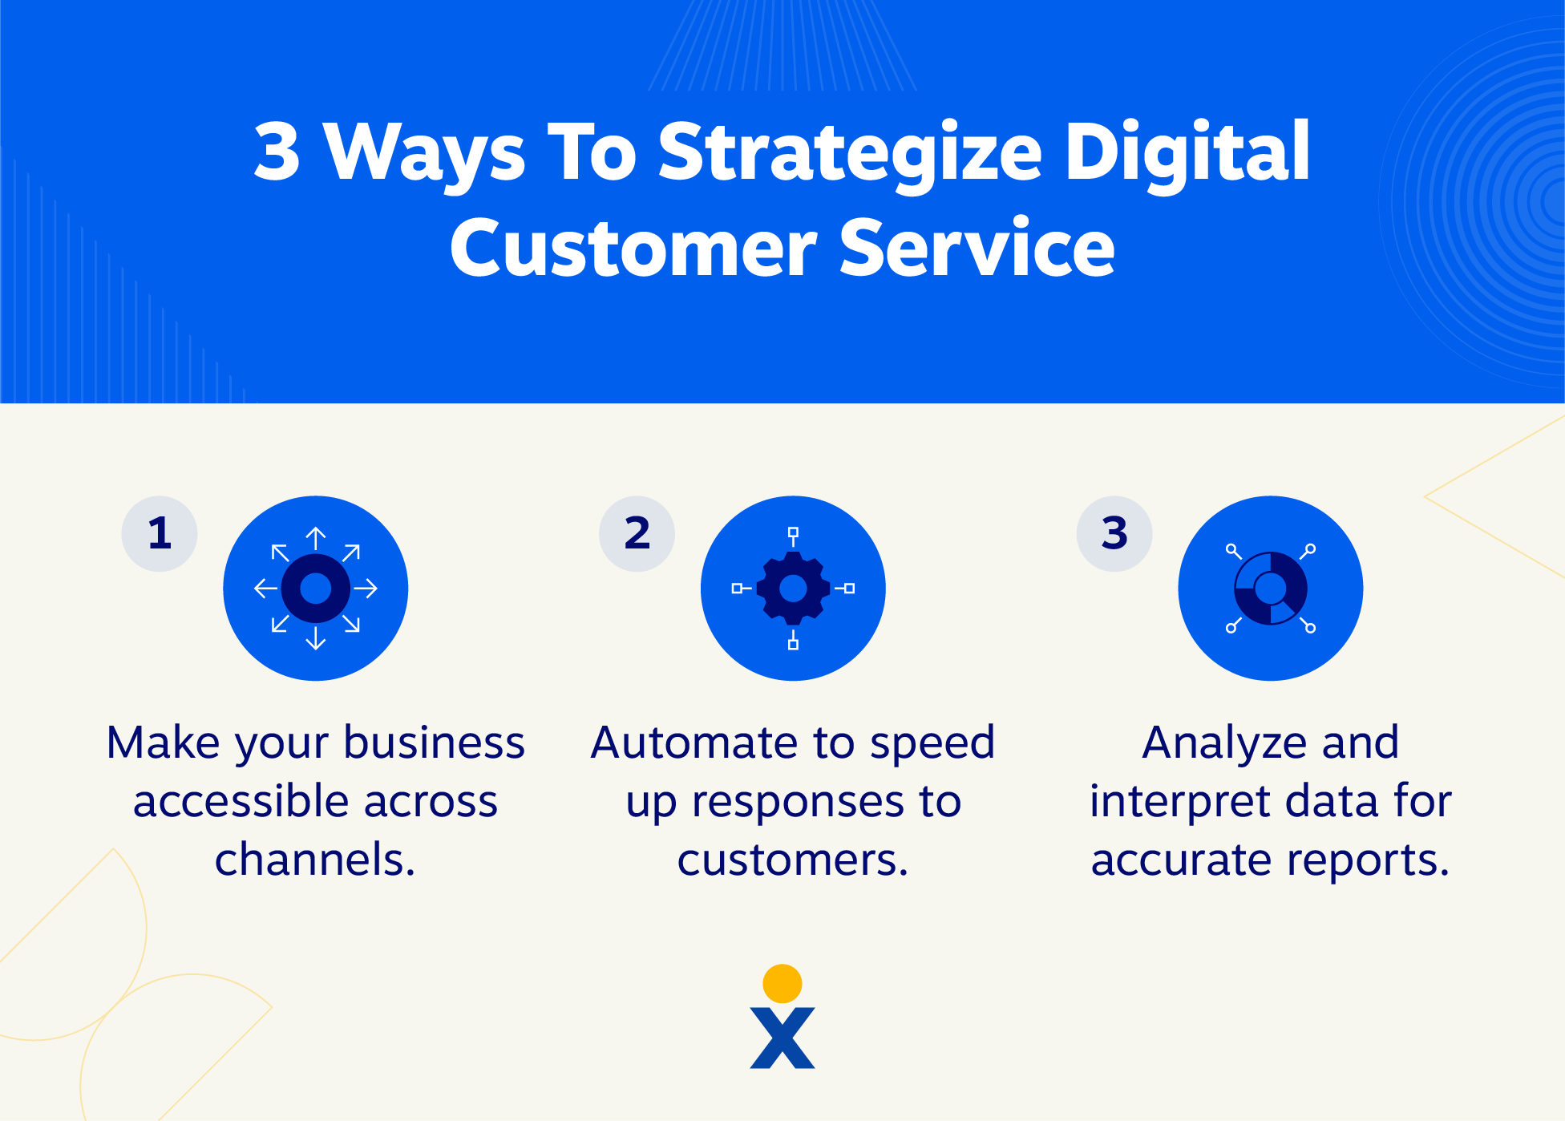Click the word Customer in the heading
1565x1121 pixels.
[x=633, y=248]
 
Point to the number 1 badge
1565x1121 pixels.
[x=160, y=533]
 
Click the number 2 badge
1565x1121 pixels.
[x=637, y=533]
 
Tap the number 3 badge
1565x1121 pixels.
[x=1114, y=533]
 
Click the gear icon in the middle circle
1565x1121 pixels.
[x=793, y=589]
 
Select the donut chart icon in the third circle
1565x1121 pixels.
[x=1271, y=589]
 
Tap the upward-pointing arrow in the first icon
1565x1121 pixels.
[x=316, y=538]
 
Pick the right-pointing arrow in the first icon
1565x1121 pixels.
[x=366, y=589]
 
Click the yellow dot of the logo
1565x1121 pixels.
[x=782, y=984]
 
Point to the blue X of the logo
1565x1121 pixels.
[x=782, y=1038]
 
